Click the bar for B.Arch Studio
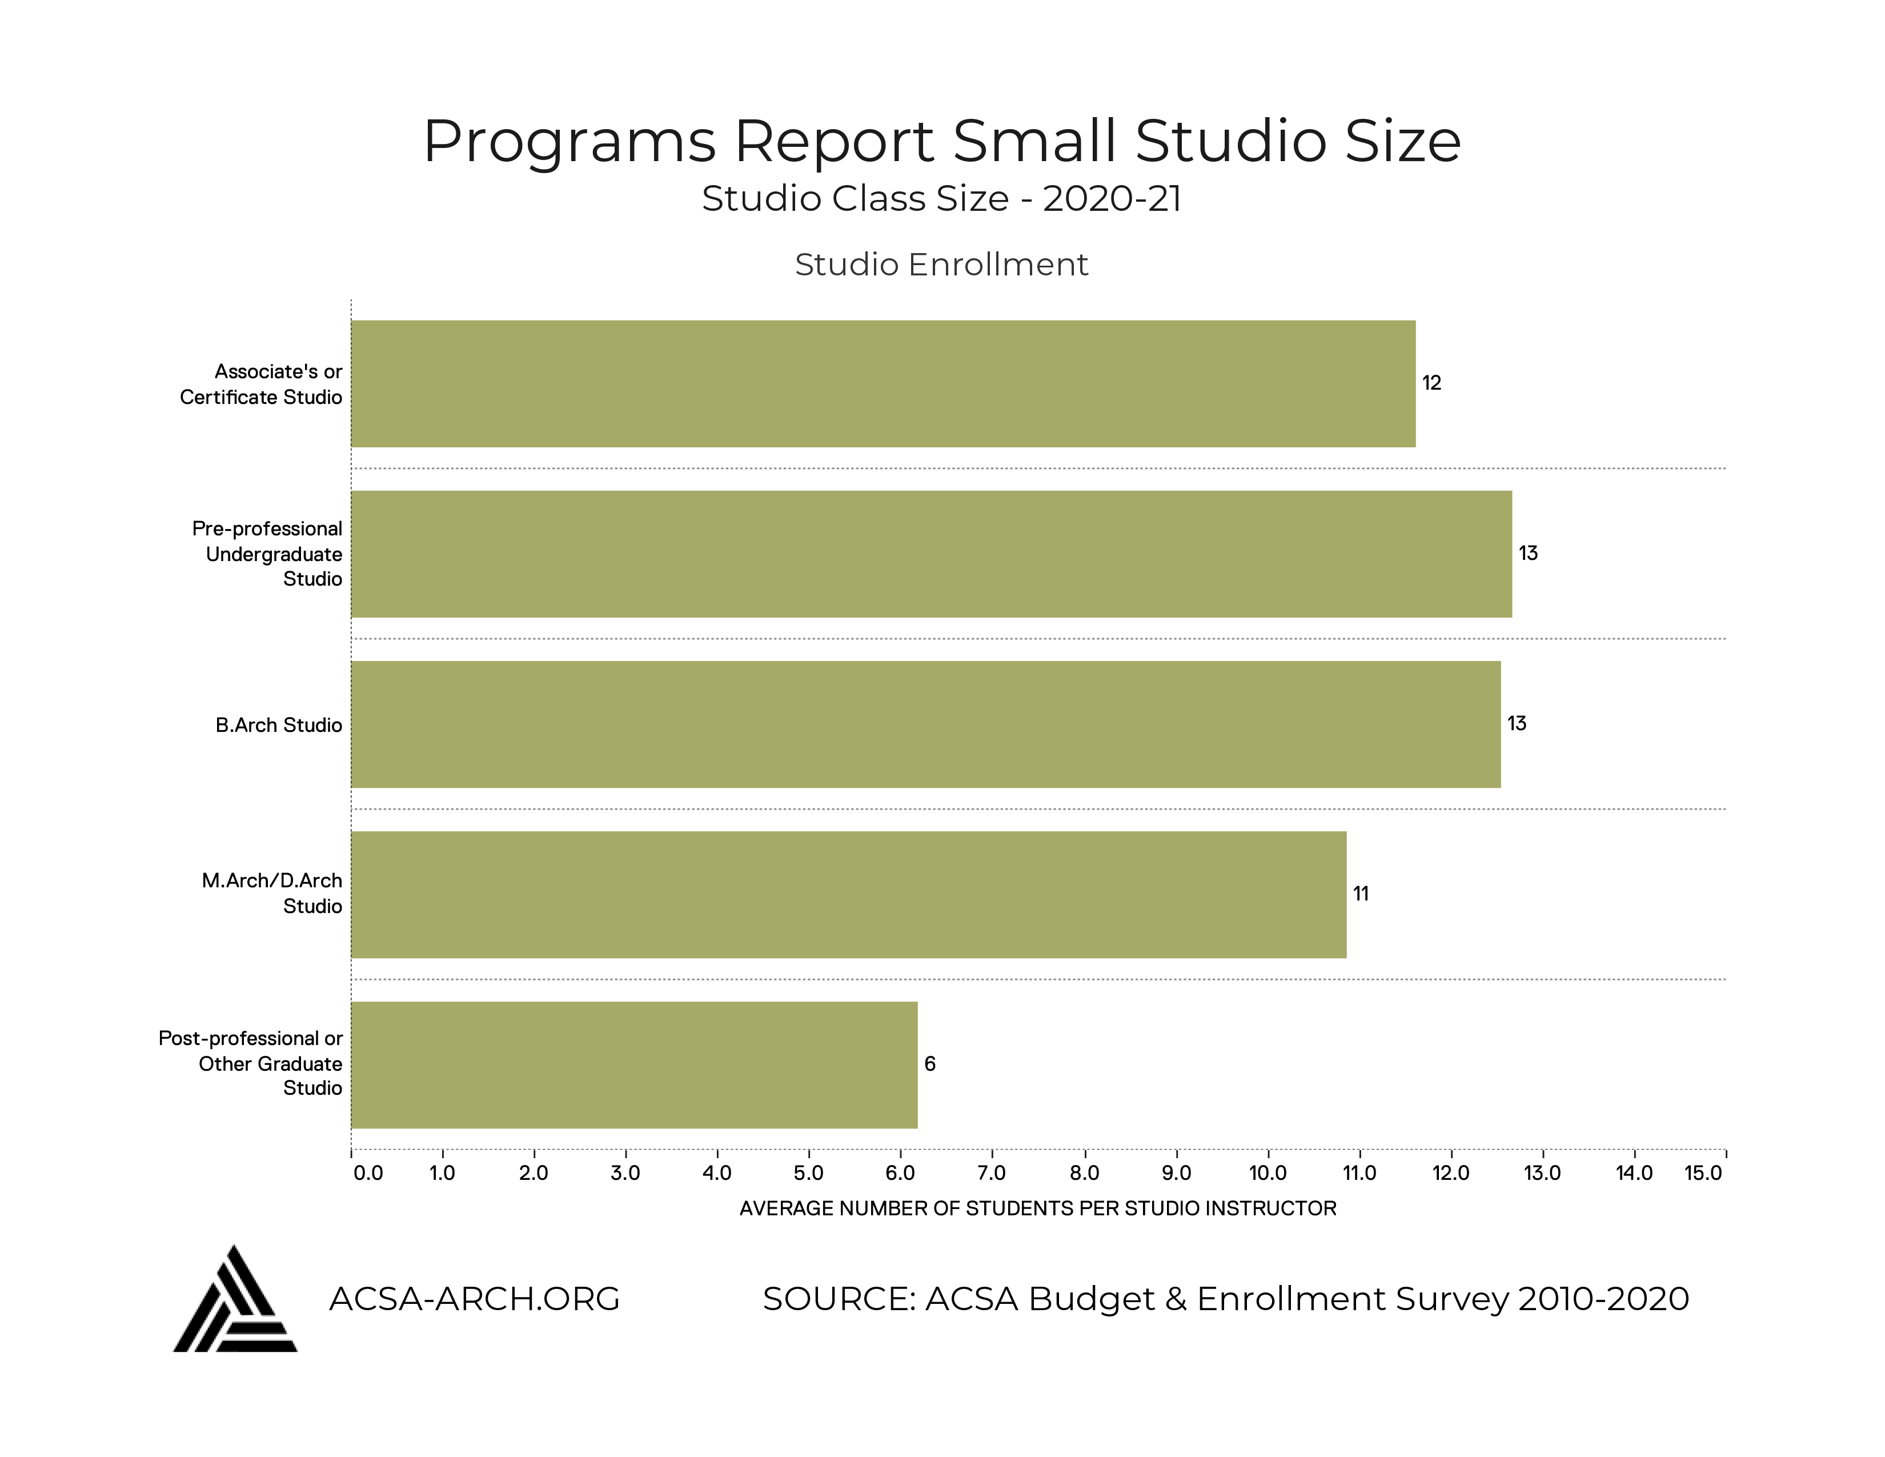(925, 724)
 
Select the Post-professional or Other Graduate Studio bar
(635, 1064)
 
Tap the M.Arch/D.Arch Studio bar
(848, 894)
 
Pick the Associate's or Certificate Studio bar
(883, 383)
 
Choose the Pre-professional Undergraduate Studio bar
(931, 553)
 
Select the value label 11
(1360, 894)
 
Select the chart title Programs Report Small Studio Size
(941, 141)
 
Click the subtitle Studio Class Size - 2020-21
(941, 198)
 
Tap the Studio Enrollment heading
(941, 264)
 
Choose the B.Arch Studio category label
(279, 725)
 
